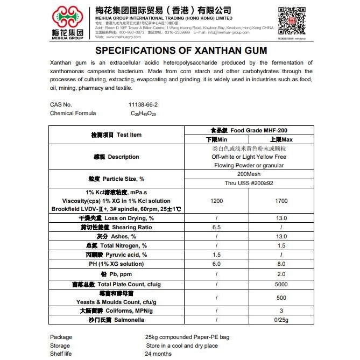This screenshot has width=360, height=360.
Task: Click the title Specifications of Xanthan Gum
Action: (180, 52)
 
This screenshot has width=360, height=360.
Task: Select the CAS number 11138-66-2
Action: (143, 104)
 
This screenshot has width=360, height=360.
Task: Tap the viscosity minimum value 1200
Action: (216, 200)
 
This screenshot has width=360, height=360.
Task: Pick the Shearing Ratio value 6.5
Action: (216, 228)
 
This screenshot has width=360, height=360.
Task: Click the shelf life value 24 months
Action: (158, 354)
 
